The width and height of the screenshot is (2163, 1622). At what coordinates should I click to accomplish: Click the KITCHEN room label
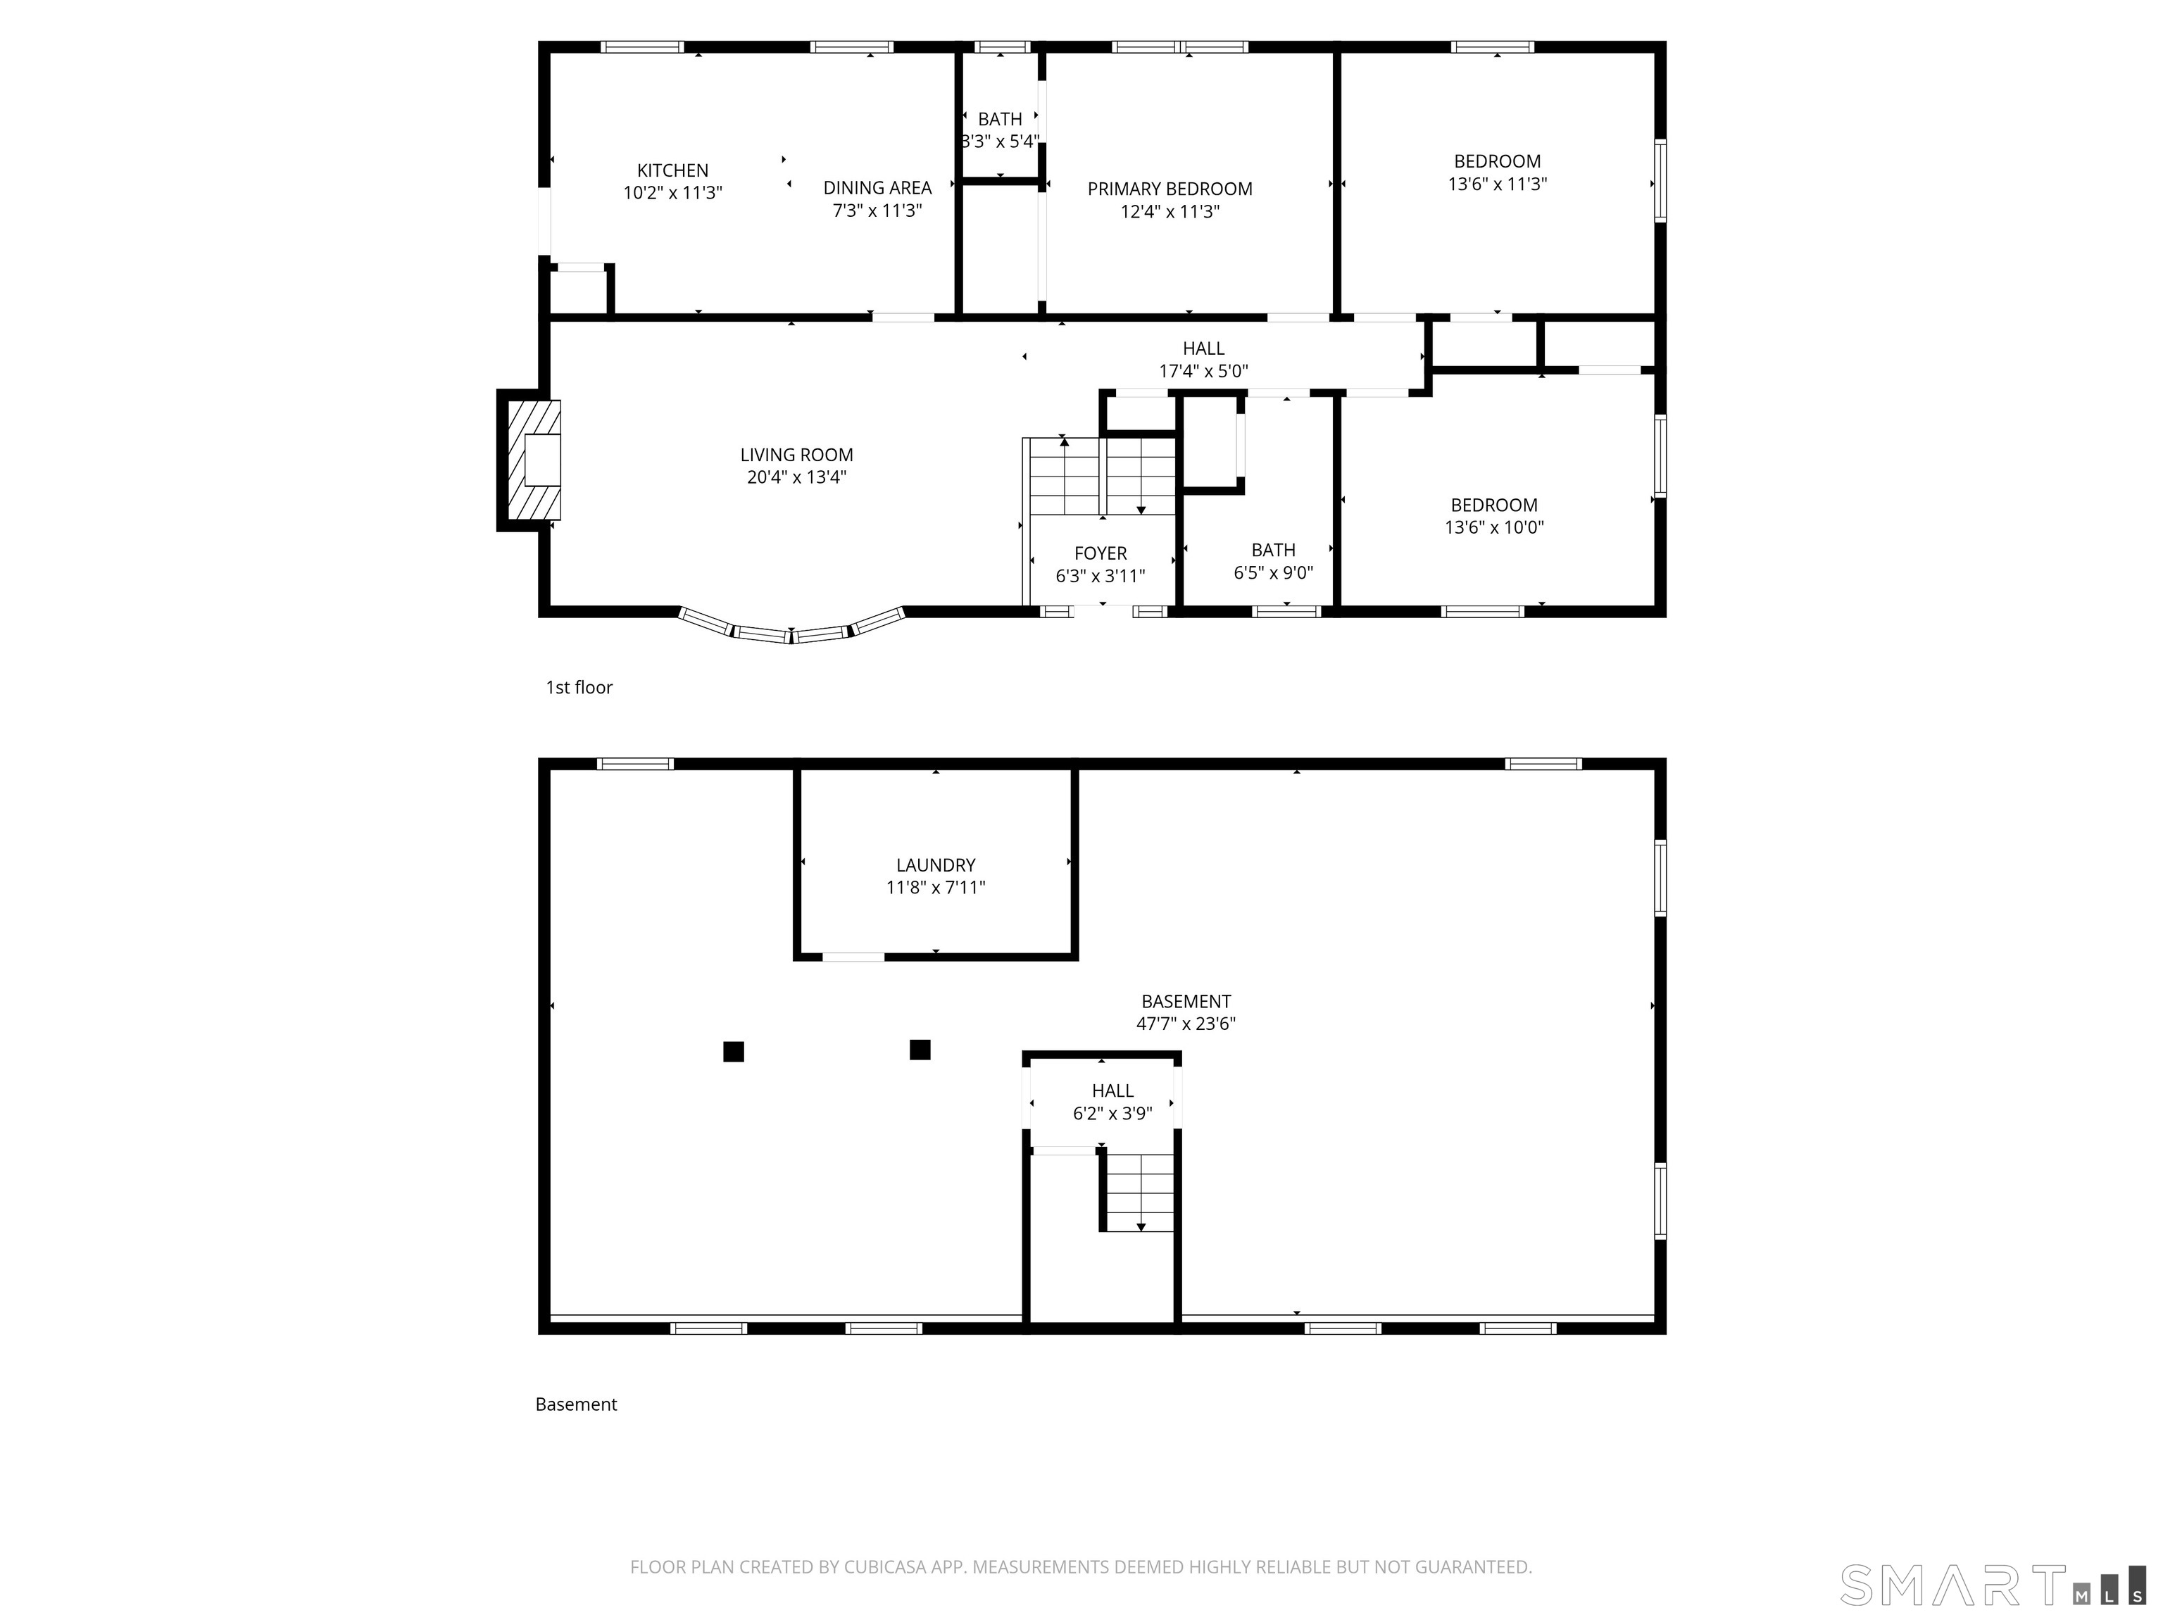coord(672,170)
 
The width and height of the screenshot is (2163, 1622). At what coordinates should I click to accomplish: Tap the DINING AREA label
coord(877,188)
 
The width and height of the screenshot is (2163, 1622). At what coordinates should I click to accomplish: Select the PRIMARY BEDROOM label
coord(1170,189)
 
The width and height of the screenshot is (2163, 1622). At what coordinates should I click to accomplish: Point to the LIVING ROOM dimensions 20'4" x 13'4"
coord(796,477)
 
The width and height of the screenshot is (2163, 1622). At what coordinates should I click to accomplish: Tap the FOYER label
coord(1100,553)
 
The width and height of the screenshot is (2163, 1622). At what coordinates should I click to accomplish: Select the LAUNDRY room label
coord(936,865)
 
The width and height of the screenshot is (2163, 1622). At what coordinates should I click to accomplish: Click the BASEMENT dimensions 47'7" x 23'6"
coord(1185,1024)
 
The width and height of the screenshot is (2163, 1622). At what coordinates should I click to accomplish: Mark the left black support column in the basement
coord(734,1051)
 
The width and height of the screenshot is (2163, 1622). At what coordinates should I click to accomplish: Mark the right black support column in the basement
coord(919,1049)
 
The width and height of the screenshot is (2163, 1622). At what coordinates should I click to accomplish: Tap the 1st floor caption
coord(579,687)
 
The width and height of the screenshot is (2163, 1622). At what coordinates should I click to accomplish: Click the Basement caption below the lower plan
coord(576,1404)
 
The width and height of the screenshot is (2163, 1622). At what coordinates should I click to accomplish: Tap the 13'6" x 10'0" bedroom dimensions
coord(1493,527)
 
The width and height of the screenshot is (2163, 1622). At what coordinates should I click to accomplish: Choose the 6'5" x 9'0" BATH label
coord(1272,551)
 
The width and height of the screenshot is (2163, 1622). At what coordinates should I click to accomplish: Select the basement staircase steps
coord(1139,1192)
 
